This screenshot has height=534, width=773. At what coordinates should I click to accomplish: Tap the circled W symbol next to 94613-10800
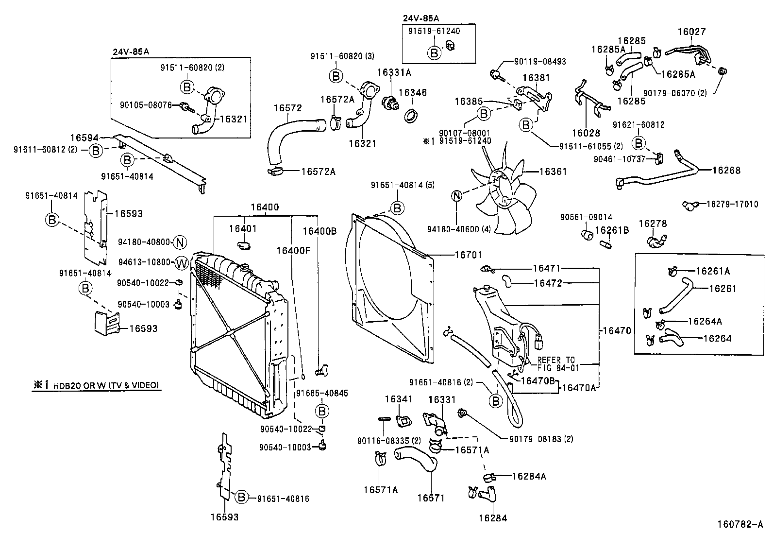[181, 263]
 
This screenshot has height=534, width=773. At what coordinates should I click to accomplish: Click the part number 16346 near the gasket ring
[413, 92]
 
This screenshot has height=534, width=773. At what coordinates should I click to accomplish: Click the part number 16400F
[292, 250]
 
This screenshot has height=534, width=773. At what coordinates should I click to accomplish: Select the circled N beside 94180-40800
[180, 242]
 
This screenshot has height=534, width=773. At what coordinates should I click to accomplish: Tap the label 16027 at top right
[691, 32]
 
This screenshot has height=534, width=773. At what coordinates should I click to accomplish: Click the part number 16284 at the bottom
[492, 518]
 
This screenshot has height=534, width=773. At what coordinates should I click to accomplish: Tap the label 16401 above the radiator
[243, 228]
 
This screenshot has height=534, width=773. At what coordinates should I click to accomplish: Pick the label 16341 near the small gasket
[399, 399]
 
